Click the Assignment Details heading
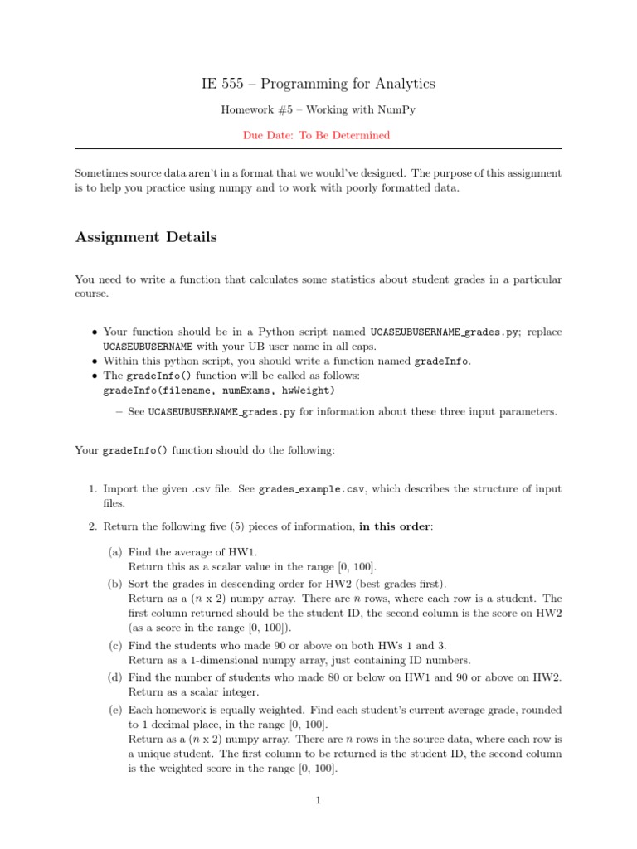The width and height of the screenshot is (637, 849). pyautogui.click(x=146, y=237)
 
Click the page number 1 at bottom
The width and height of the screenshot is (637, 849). pyautogui.click(x=318, y=801)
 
